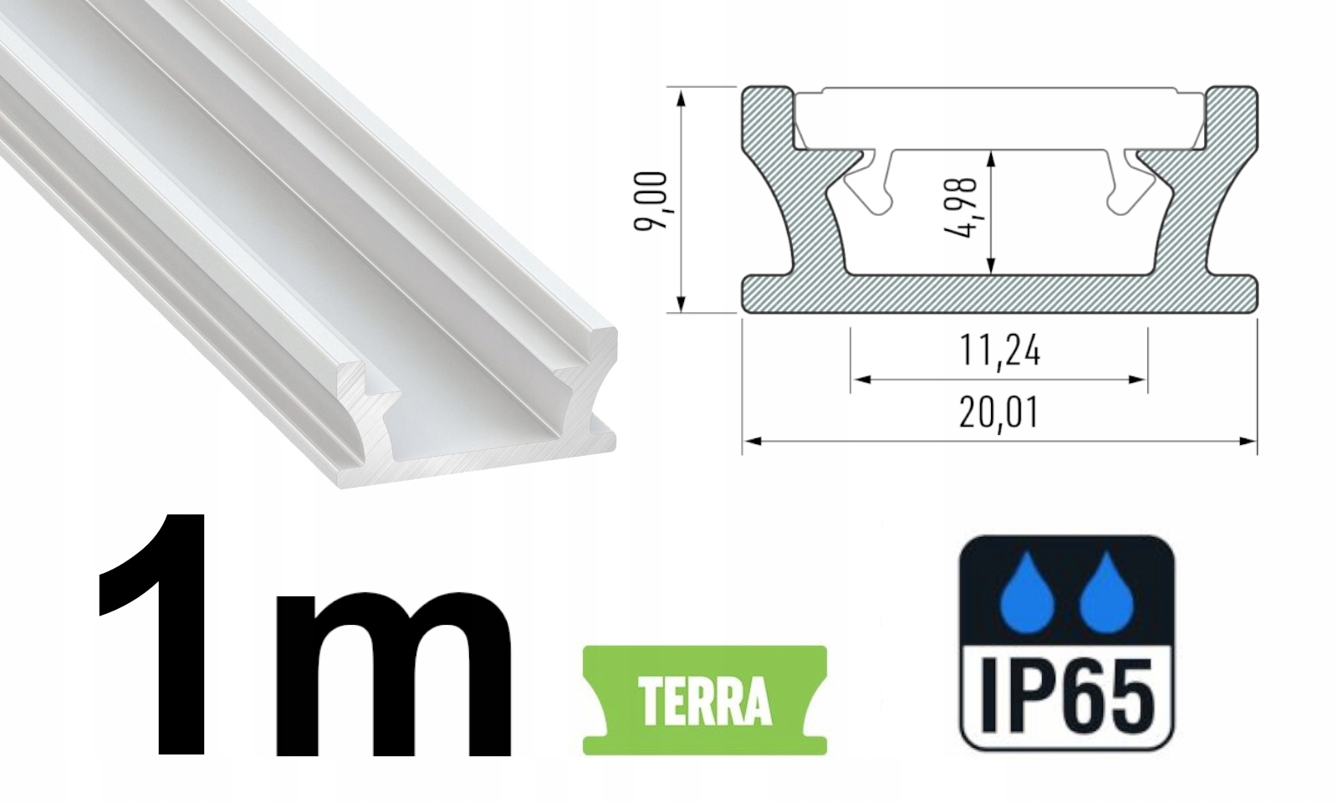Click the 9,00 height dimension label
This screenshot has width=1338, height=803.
coord(652,200)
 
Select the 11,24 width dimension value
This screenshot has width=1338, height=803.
coord(998,351)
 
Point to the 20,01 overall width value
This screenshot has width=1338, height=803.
coord(998,413)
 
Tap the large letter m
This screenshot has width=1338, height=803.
coord(393,669)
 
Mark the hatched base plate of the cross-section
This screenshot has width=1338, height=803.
coord(999,294)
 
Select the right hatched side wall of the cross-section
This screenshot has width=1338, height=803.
coord(1204,201)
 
